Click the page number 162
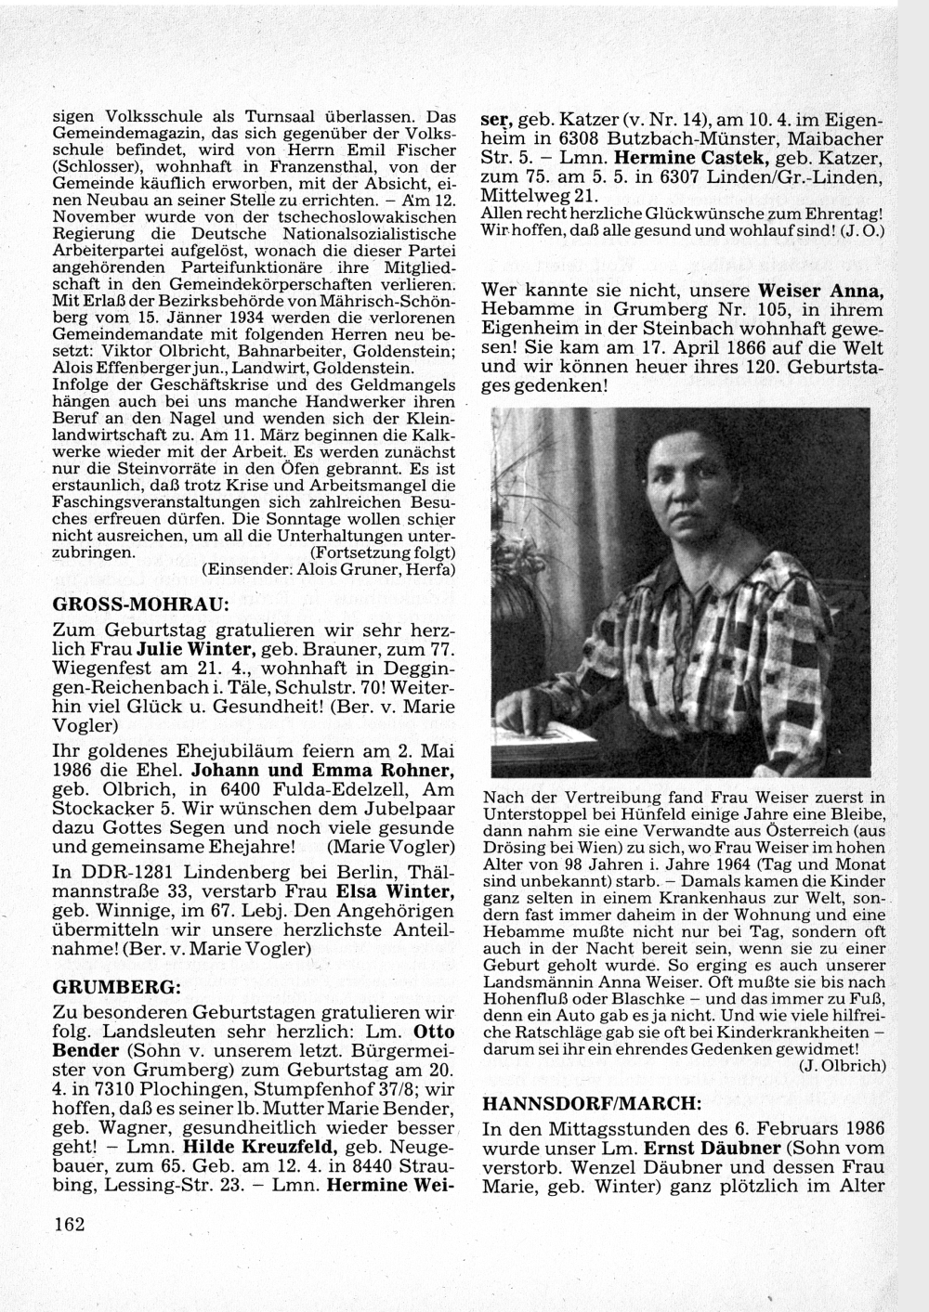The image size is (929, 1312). (70, 1224)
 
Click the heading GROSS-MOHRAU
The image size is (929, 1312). (140, 604)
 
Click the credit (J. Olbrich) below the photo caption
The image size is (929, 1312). (842, 1065)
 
